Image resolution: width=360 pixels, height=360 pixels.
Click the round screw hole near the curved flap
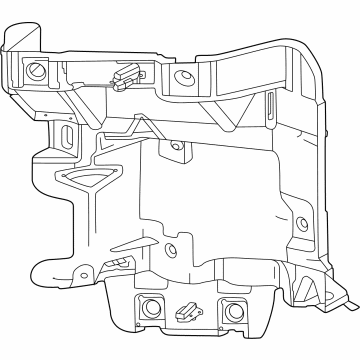(39, 71)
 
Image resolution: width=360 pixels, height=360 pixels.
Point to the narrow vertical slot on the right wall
(271, 107)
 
